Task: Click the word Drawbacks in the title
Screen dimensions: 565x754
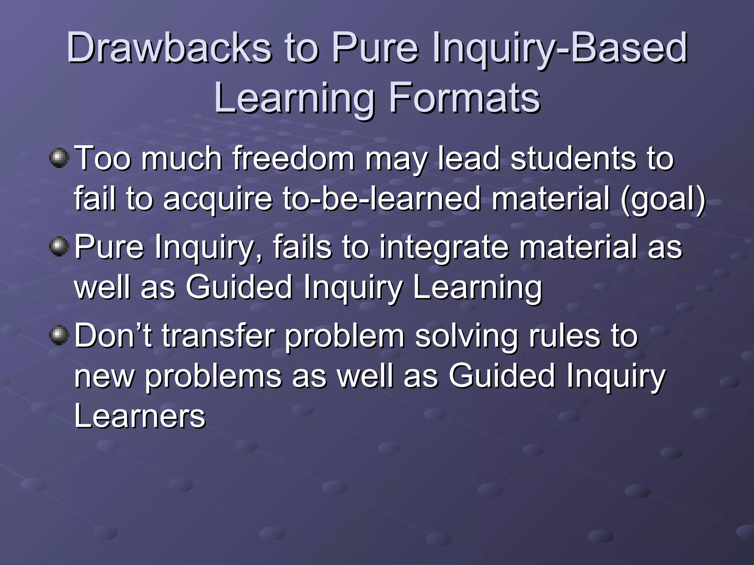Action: tap(169, 48)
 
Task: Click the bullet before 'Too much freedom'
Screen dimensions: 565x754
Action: tap(59, 159)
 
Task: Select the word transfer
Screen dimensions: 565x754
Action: tap(218, 335)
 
